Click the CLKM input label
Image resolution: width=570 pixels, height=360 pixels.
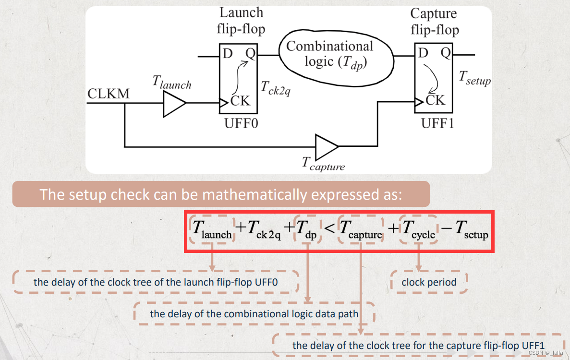pyautogui.click(x=109, y=94)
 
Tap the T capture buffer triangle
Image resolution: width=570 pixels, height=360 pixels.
pyautogui.click(x=327, y=146)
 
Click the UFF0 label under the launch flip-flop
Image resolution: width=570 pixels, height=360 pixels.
pyautogui.click(x=241, y=123)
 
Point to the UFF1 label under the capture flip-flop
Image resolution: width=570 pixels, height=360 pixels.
pyautogui.click(x=437, y=123)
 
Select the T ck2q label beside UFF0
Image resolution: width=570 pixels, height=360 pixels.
pyautogui.click(x=275, y=87)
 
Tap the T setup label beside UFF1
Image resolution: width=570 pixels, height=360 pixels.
pyautogui.click(x=475, y=78)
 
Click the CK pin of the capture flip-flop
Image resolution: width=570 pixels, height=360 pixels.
pyautogui.click(x=435, y=100)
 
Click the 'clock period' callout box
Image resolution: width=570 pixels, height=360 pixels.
pyautogui.click(x=429, y=282)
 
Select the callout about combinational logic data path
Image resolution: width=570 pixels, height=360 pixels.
pyautogui.click(x=255, y=314)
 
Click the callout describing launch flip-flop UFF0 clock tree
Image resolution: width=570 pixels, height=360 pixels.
pyautogui.click(x=156, y=282)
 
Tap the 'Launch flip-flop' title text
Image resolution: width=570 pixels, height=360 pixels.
pyautogui.click(x=241, y=21)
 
